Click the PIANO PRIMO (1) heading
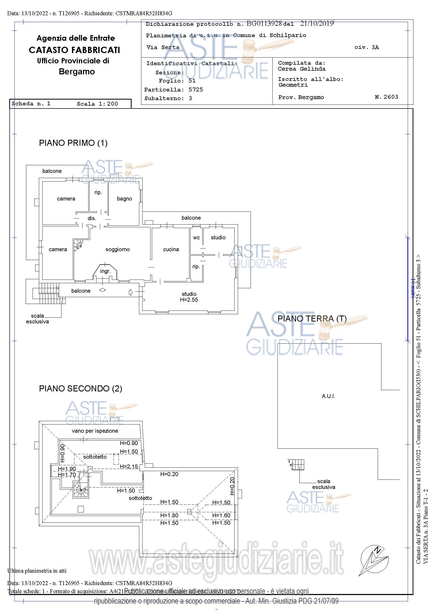(x=73, y=143)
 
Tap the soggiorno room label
(x=118, y=249)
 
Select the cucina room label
(x=171, y=249)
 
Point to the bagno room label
(x=125, y=199)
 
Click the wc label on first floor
(x=196, y=237)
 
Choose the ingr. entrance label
(x=105, y=271)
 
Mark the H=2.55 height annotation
(x=189, y=300)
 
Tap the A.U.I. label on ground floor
(x=328, y=396)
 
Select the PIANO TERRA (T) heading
(x=312, y=319)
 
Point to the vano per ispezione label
(x=95, y=431)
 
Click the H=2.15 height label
(x=129, y=467)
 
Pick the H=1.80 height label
(x=169, y=515)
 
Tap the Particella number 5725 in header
(x=196, y=90)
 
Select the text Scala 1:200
(x=97, y=104)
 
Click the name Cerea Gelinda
(x=302, y=69)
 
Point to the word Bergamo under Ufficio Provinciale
(x=77, y=72)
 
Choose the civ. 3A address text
(x=366, y=47)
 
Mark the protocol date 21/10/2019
(x=317, y=24)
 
